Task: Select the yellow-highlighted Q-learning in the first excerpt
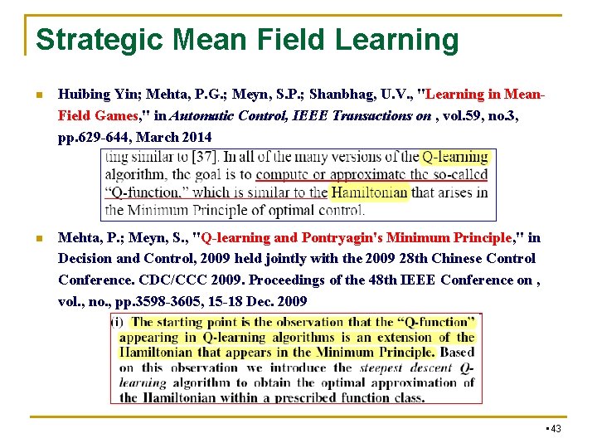(454, 157)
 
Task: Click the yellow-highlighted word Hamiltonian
(369, 192)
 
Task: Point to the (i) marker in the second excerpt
(117, 322)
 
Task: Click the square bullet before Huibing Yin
(38, 94)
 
